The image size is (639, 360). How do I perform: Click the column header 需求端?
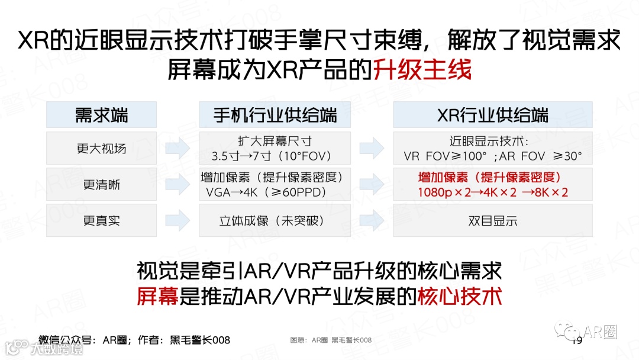pos(102,115)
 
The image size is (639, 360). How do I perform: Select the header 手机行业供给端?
pos(275,115)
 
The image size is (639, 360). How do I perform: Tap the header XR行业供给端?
pos(492,115)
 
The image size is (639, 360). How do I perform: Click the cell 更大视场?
pos(102,149)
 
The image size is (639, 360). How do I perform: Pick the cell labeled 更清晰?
pos(102,185)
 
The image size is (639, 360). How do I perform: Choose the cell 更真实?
pos(102,221)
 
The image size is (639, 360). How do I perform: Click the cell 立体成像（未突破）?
pos(275,221)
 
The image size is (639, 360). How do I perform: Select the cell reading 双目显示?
pos(492,221)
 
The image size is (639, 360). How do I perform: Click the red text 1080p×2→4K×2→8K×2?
pos(492,192)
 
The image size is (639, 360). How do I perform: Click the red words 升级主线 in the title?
pos(422,70)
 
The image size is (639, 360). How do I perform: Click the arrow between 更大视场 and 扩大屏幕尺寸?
pos(177,149)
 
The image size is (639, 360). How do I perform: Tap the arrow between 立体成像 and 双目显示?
pos(372,221)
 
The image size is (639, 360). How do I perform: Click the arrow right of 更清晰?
pos(177,185)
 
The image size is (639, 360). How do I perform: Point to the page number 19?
pos(577,341)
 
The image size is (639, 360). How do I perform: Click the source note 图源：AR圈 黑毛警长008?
pos(331,340)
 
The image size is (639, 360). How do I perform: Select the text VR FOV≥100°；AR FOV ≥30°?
pos(492,156)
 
